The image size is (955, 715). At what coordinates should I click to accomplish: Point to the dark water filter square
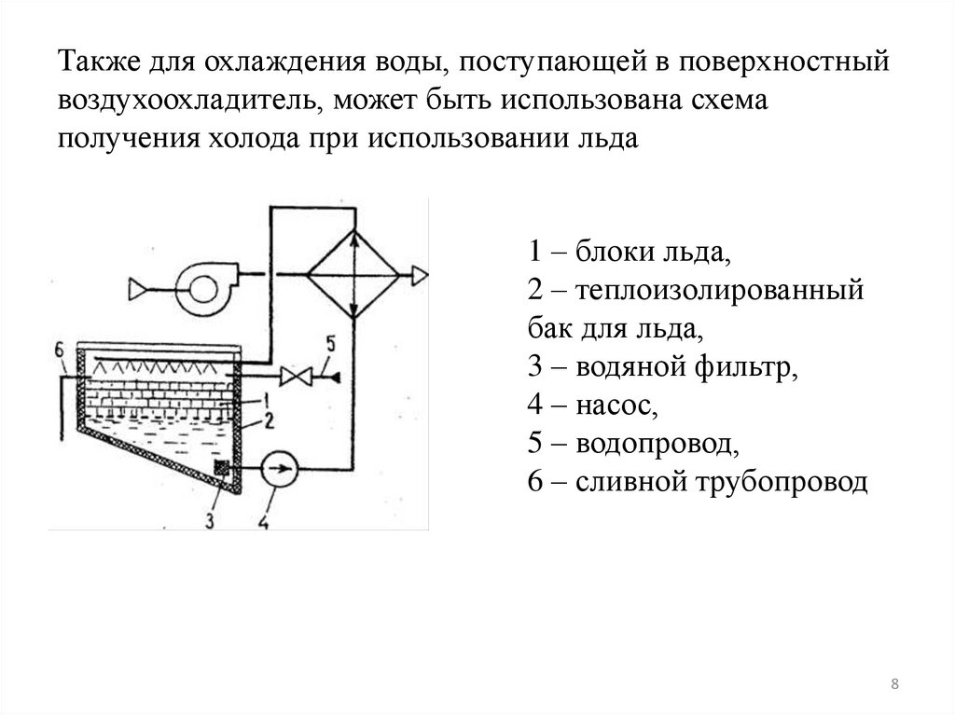pyautogui.click(x=222, y=467)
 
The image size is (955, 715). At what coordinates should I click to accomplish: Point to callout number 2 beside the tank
pyautogui.click(x=267, y=420)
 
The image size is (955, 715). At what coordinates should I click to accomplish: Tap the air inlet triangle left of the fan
pyautogui.click(x=137, y=290)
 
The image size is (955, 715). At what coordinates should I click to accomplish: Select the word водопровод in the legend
pyautogui.click(x=657, y=445)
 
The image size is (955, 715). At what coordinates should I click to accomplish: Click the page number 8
pyautogui.click(x=895, y=686)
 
